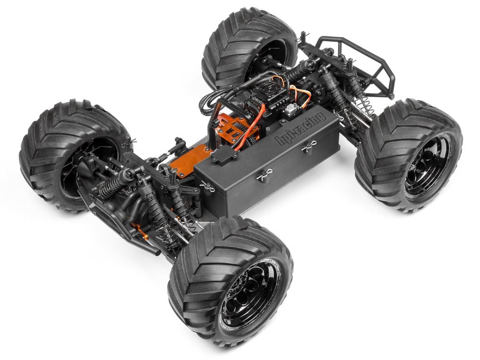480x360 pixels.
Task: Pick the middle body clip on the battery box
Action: [x=262, y=178]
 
